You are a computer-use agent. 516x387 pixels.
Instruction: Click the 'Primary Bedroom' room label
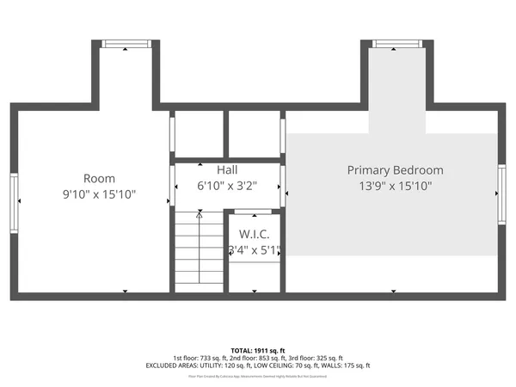click(395, 170)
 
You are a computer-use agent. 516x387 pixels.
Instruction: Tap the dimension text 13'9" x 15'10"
click(395, 185)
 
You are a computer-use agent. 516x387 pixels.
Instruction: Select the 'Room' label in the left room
click(99, 179)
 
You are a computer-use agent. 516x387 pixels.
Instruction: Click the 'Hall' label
click(227, 170)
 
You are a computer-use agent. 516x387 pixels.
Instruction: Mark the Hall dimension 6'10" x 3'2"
click(227, 185)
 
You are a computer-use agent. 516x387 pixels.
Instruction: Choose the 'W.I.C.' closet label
click(255, 234)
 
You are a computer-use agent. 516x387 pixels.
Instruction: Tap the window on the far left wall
click(14, 202)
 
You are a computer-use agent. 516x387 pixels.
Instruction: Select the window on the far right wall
click(501, 195)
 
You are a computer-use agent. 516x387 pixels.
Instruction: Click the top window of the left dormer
click(126, 44)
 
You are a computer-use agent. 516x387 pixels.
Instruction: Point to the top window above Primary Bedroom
click(396, 44)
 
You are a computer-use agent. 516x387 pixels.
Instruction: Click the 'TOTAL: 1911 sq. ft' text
click(257, 351)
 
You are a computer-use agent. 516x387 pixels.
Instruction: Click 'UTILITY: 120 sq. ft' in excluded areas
click(214, 365)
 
